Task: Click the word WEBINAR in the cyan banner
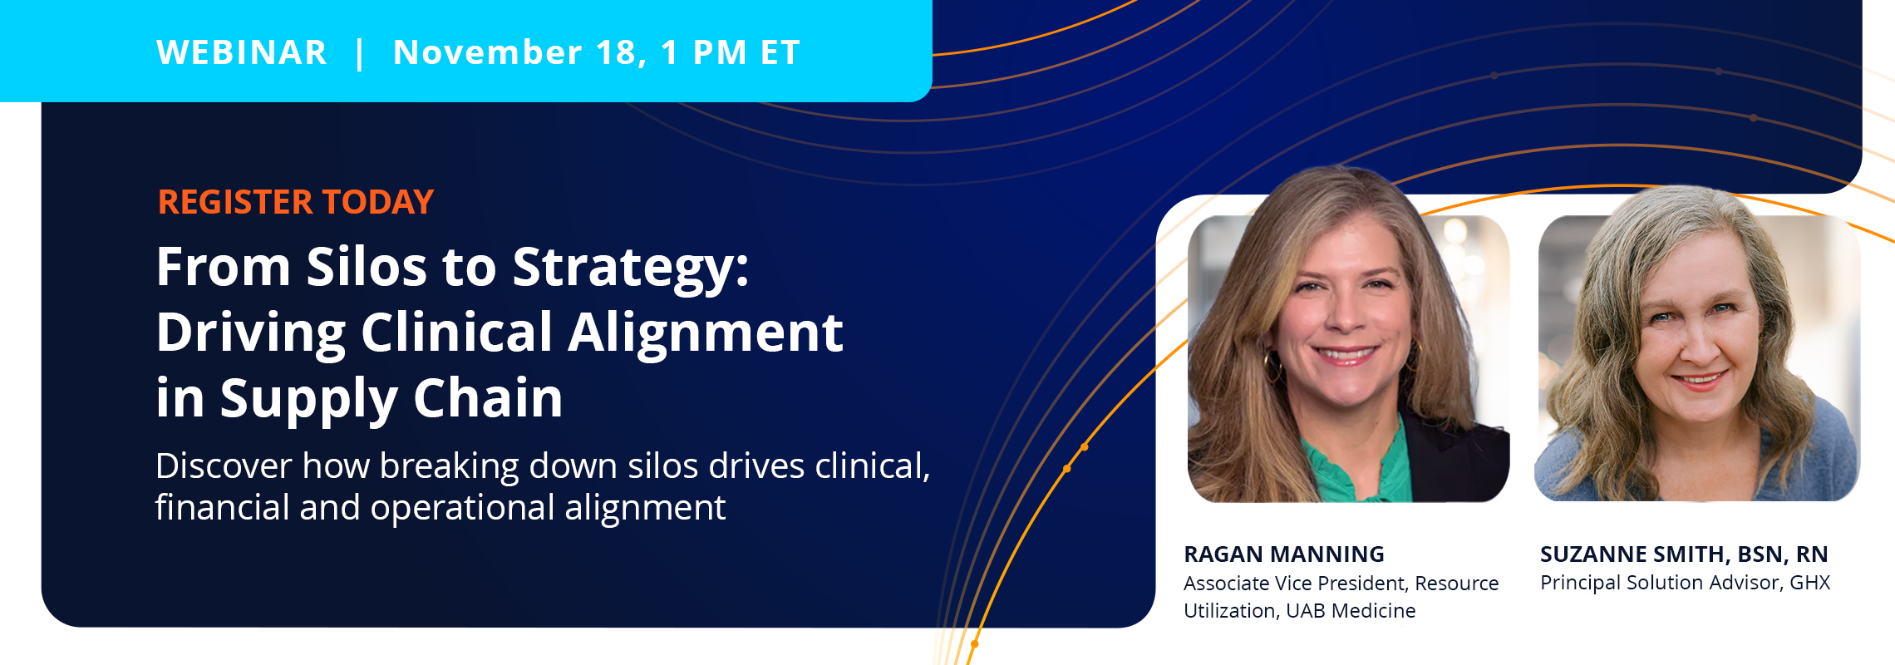[x=242, y=52]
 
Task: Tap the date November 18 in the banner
[x=519, y=53]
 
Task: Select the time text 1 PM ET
[x=731, y=52]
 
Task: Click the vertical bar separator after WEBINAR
[x=360, y=53]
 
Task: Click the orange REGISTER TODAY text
[x=296, y=202]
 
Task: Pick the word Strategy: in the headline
[x=631, y=269]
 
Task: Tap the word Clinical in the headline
[x=456, y=332]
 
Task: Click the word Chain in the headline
[x=489, y=397]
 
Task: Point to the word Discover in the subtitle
[x=224, y=465]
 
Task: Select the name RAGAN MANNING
[x=1284, y=554]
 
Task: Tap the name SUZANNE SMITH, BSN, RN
[x=1684, y=554]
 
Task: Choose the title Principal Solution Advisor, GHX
[x=1686, y=583]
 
